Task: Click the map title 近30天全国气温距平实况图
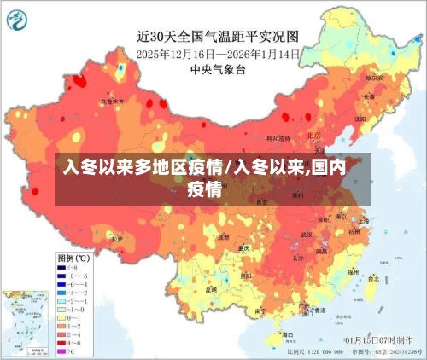(219, 36)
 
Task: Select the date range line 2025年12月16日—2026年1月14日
(219, 53)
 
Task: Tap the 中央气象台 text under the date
(219, 69)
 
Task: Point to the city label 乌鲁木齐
(112, 101)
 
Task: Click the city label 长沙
(298, 257)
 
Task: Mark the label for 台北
(373, 277)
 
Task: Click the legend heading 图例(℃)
(73, 257)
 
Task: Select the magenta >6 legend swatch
(62, 351)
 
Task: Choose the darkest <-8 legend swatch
(62, 267)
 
